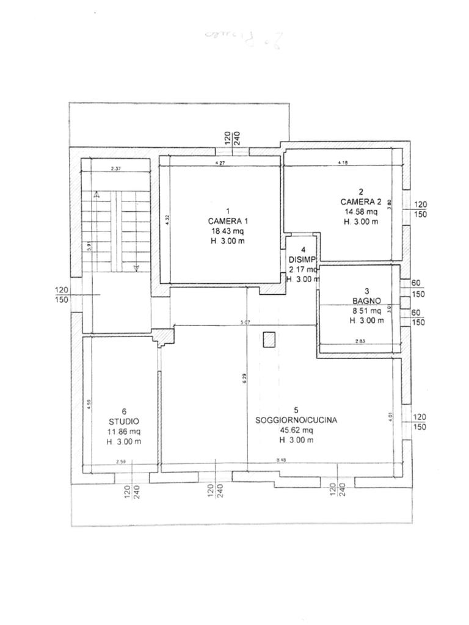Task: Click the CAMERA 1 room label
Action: point(228,221)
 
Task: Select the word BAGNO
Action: point(366,300)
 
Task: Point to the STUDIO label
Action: point(124,421)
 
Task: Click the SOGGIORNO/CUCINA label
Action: point(296,420)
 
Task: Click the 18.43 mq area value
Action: point(227,231)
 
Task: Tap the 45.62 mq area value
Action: point(296,430)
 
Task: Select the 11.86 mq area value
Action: point(124,432)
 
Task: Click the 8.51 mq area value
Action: point(366,310)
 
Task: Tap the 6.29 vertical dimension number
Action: point(244,378)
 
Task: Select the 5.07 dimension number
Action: point(245,322)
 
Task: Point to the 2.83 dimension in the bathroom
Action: point(360,341)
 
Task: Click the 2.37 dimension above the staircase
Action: point(116,169)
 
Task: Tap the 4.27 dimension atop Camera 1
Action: point(220,163)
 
